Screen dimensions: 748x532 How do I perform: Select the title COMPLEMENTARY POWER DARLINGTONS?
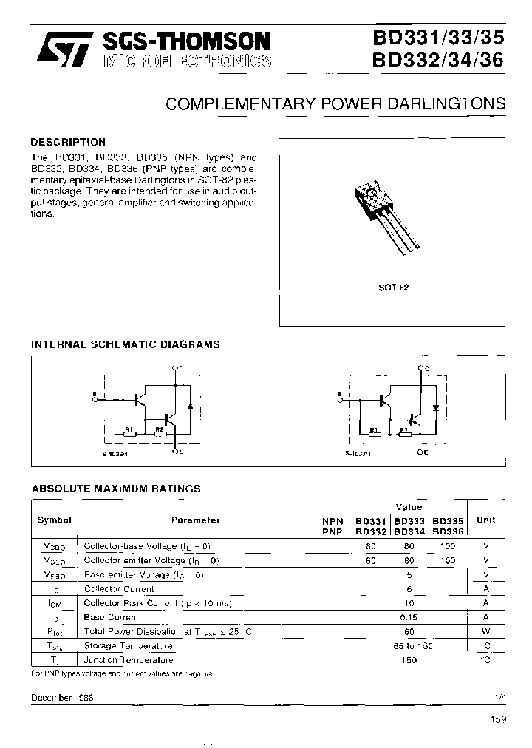[x=335, y=103]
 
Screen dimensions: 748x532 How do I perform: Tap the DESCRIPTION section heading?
[x=68, y=142]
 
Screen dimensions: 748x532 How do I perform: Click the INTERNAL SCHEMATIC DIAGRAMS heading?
[x=125, y=344]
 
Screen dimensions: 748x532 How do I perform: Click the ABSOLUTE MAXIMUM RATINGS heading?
[x=115, y=489]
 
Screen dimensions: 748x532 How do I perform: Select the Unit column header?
[x=485, y=520]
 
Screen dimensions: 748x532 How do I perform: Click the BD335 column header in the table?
[x=447, y=520]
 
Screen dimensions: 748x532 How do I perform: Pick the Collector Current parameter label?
[x=119, y=589]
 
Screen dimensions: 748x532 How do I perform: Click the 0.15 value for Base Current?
[x=409, y=617]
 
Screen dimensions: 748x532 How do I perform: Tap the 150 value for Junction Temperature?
[x=409, y=659]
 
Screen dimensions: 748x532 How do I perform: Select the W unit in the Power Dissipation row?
[x=485, y=631]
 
